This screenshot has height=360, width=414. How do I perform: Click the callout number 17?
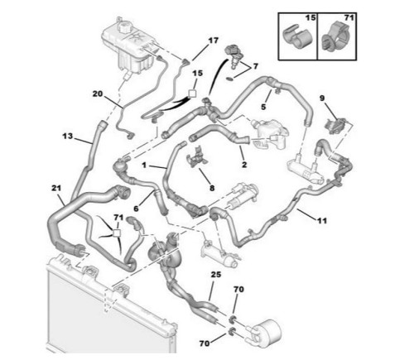[213, 41]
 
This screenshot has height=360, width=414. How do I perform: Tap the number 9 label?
[322, 98]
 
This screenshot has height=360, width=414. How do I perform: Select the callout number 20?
[98, 94]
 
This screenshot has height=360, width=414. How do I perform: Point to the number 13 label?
[67, 136]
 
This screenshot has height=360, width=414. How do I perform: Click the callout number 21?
[56, 188]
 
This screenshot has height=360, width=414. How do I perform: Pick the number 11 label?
[322, 221]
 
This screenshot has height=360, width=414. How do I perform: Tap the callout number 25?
[216, 275]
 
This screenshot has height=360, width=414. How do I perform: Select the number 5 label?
[263, 107]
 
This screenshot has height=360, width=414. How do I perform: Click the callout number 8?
[212, 188]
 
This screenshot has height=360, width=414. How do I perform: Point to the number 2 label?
[244, 165]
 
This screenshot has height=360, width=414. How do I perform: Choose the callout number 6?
[136, 209]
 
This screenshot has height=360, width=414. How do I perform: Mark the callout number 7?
[255, 66]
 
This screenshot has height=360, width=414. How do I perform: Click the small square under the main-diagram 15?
[192, 94]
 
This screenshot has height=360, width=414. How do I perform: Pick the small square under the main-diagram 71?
[117, 233]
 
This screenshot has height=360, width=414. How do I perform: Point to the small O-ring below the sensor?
[229, 79]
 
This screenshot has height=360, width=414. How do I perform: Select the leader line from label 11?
[306, 214]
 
